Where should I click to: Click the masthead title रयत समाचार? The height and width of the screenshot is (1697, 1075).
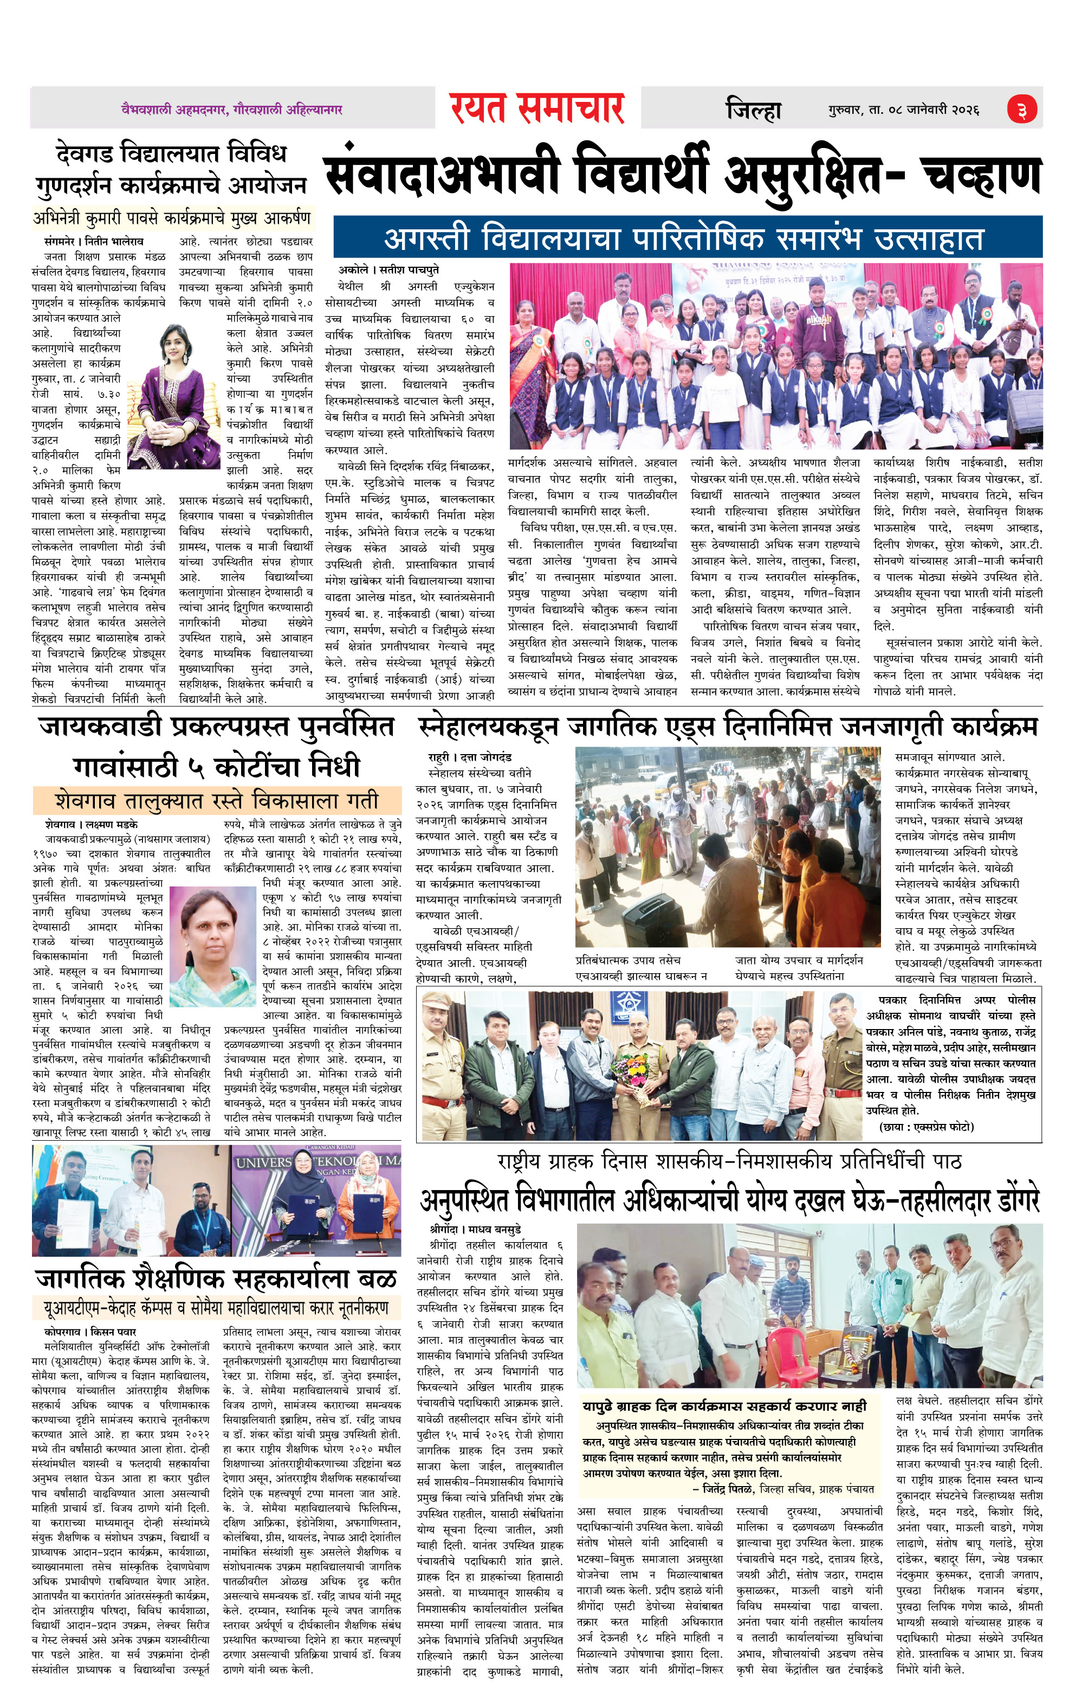pyautogui.click(x=537, y=108)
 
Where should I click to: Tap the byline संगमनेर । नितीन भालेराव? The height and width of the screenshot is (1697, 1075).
pyautogui.click(x=93, y=241)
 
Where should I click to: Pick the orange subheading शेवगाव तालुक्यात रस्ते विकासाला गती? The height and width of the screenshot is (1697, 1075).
pyautogui.click(x=217, y=801)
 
